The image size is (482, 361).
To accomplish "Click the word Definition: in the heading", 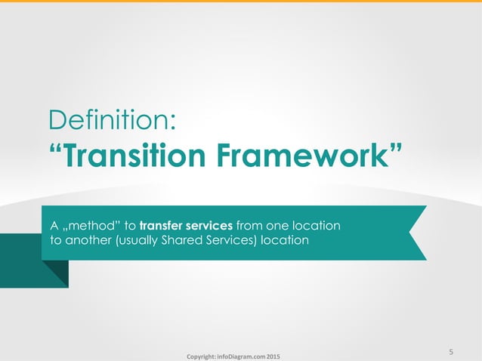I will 113,120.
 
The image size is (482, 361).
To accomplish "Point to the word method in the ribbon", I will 88,226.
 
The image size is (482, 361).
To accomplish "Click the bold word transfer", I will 162,226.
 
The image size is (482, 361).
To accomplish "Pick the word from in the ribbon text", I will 251,226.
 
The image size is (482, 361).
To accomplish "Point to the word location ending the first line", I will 317,226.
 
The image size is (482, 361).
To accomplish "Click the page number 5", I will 451,352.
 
